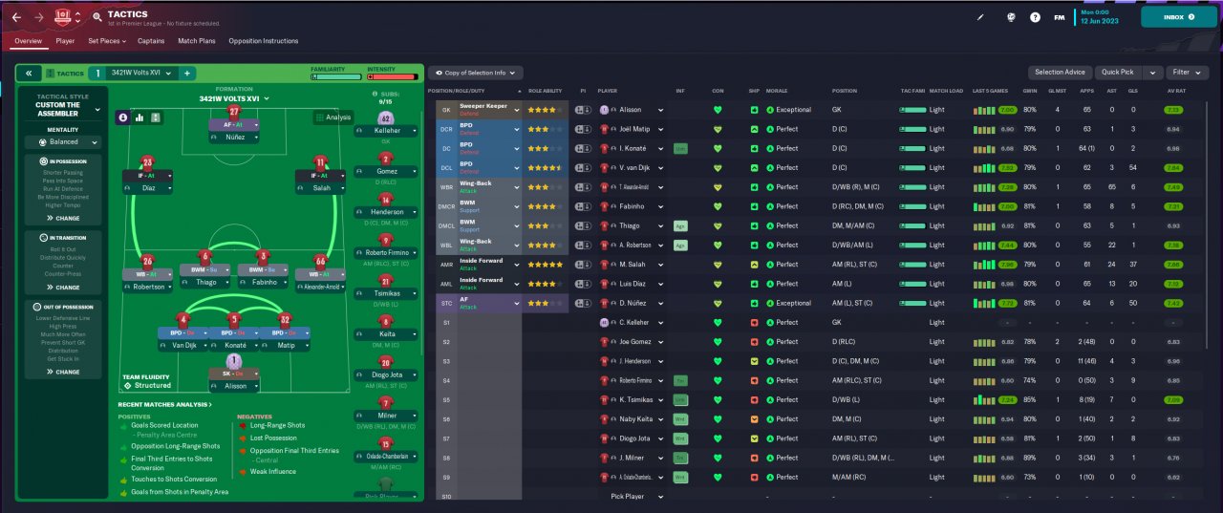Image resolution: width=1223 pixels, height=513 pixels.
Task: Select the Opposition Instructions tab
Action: [x=263, y=41]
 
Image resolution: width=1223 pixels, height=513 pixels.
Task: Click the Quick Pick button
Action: [x=1117, y=73]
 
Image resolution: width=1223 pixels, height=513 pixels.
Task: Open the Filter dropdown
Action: [x=1187, y=73]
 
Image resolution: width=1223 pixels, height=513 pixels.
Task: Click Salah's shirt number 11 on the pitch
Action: [x=320, y=162]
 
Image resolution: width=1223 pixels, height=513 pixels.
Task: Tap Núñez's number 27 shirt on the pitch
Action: [x=233, y=113]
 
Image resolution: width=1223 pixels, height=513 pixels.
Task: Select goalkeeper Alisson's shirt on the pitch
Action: [x=233, y=361]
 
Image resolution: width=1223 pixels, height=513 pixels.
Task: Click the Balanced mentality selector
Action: [x=63, y=141]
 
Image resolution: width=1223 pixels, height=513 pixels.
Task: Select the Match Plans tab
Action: [x=196, y=41]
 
